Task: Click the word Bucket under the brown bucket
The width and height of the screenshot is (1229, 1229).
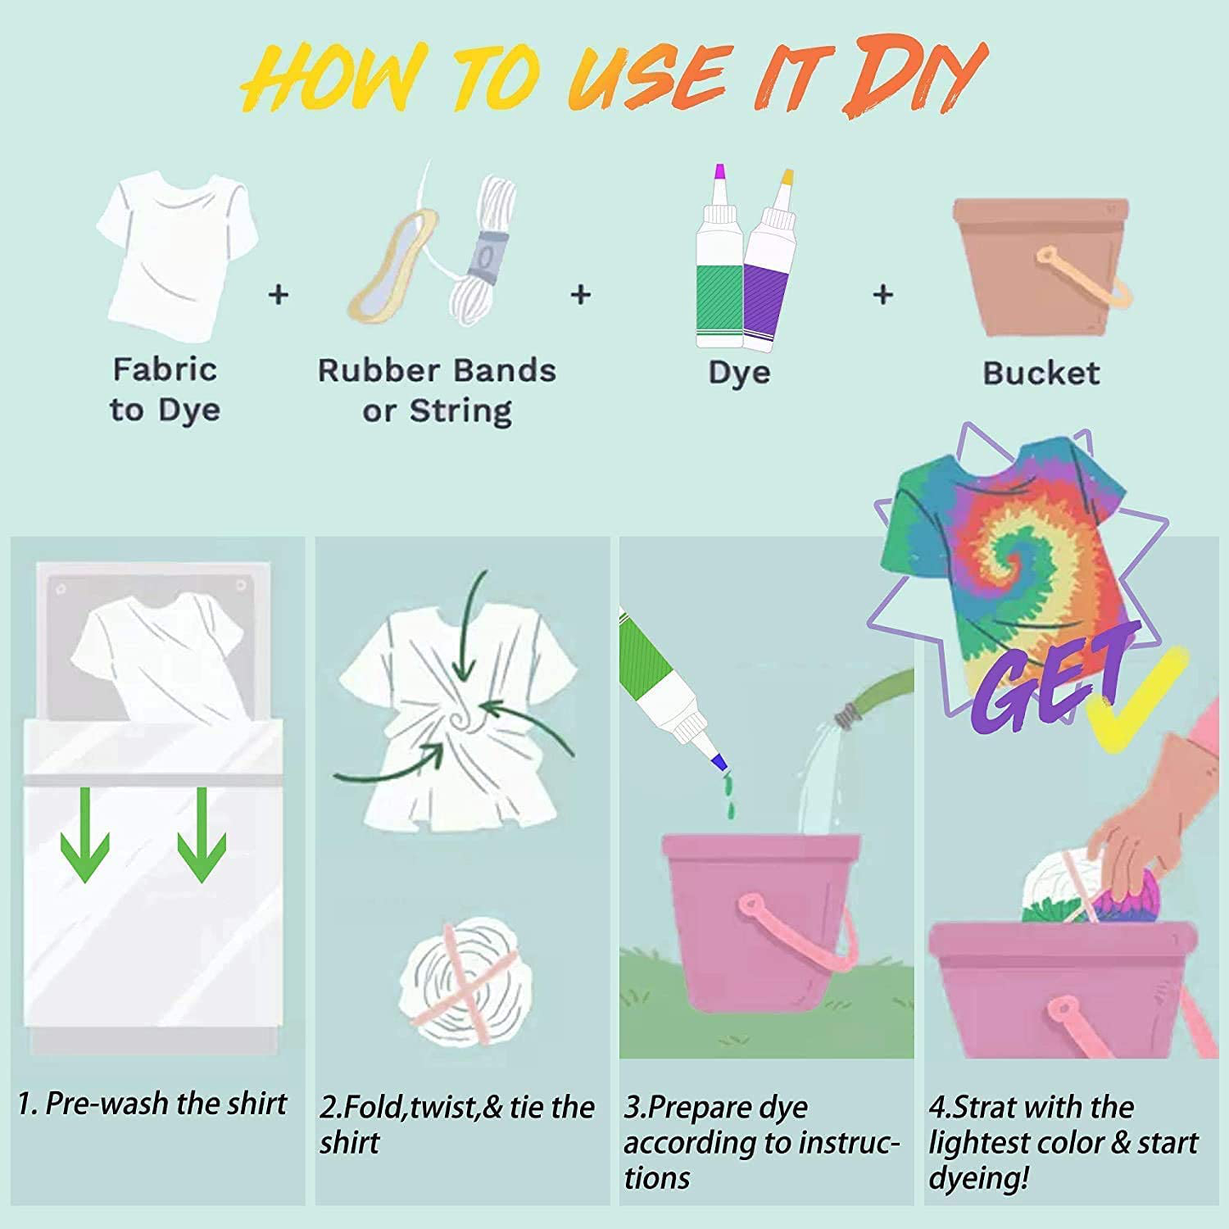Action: click(1041, 373)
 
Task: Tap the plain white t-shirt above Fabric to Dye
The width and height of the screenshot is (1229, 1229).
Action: click(177, 251)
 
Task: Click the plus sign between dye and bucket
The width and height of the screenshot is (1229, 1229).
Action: click(883, 294)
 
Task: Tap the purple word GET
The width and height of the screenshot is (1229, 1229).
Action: click(1046, 677)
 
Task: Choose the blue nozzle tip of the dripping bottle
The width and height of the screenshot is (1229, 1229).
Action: click(719, 761)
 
